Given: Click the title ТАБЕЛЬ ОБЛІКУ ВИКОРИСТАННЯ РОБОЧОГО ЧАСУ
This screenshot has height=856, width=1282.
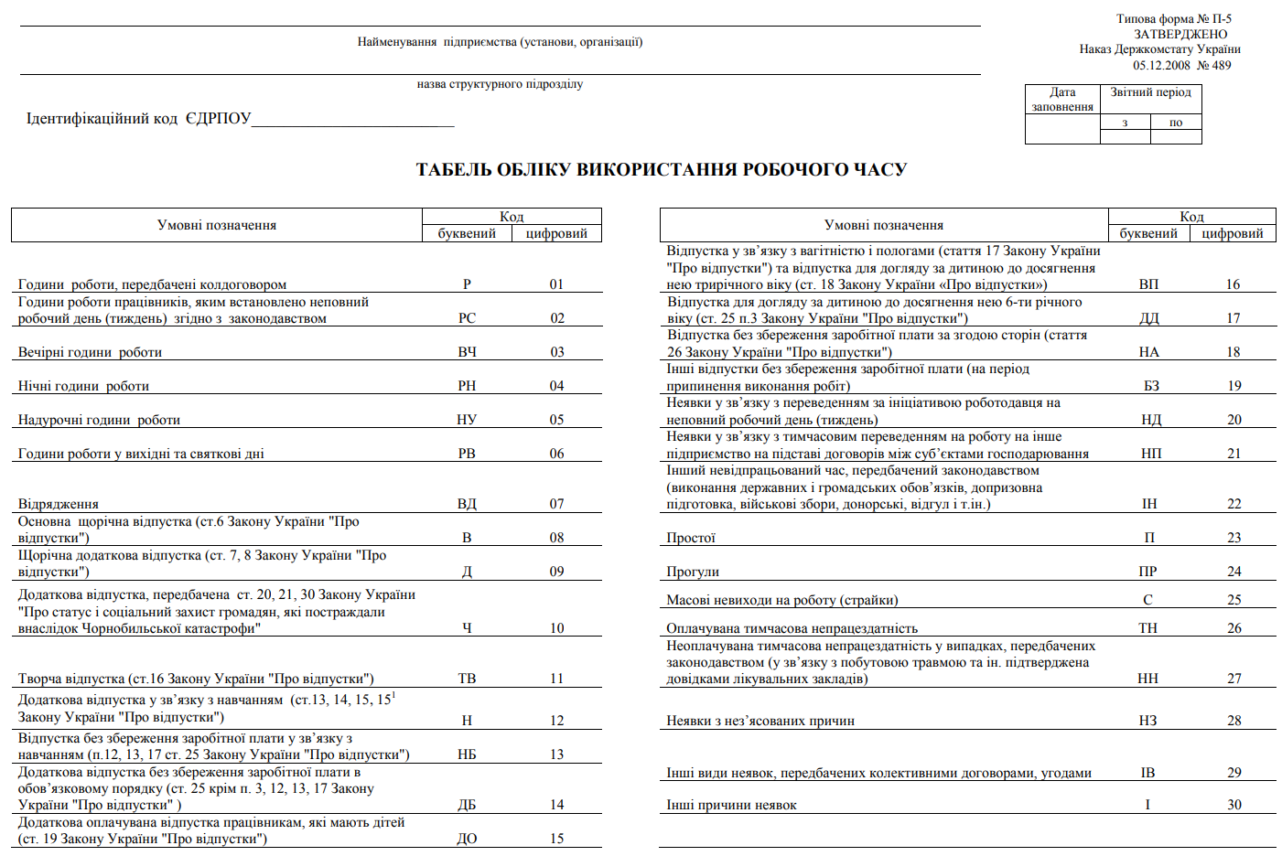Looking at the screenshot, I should point(661,170).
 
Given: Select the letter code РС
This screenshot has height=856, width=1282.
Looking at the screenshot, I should point(467,318).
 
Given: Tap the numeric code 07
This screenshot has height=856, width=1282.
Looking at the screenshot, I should point(556,504).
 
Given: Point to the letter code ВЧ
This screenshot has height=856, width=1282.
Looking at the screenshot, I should point(467,352).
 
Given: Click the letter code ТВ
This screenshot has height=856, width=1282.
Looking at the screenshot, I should point(467,679).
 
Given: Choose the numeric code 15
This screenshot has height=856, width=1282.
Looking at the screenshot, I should point(556,839).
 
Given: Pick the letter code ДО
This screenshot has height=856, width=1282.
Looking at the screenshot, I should point(467,839).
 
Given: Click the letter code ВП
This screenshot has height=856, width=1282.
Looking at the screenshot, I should point(1148,284).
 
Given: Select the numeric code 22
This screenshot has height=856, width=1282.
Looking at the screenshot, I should point(1234,504).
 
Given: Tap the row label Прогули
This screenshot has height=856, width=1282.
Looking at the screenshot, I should point(693,572).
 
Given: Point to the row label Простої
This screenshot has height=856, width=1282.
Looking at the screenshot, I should point(691,538).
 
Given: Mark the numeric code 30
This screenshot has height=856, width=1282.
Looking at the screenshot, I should point(1234,805).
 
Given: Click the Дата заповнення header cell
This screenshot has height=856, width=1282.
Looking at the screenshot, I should point(1062,99).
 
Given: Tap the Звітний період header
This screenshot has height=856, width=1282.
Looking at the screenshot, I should point(1150,92).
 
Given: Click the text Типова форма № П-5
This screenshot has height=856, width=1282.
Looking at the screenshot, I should point(1173,18).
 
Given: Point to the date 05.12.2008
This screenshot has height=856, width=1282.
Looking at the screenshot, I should point(1161,65).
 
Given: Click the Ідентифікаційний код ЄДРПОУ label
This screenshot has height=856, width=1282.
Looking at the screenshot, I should point(138,119).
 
